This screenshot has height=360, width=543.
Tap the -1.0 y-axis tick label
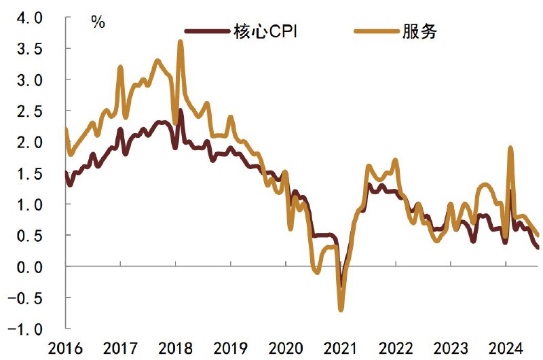(27, 329)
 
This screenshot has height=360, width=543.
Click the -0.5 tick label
(27, 298)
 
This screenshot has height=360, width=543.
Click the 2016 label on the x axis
(66, 349)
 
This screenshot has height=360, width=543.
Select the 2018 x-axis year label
(175, 349)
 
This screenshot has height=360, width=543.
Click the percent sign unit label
(98, 22)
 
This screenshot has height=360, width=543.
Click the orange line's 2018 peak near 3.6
(181, 41)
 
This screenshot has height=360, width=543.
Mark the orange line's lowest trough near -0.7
(341, 310)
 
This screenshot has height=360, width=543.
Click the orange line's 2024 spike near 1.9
(510, 147)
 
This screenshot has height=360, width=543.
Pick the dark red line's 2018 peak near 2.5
(181, 110)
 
